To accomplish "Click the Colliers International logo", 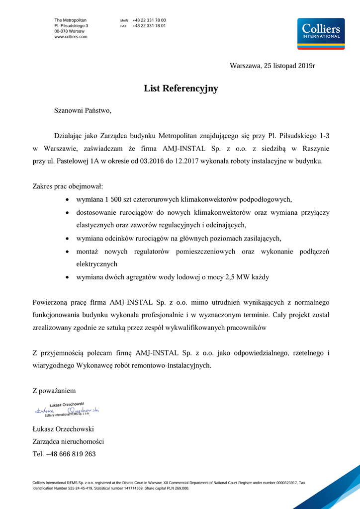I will (320, 33).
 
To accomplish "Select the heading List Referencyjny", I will (181, 89).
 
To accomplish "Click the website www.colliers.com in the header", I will (71, 37).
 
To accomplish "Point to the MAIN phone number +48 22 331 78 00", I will (149, 20).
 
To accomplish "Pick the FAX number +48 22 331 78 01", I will (149, 25).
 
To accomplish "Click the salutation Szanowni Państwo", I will (83, 111).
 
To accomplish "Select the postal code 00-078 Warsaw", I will (69, 31).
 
